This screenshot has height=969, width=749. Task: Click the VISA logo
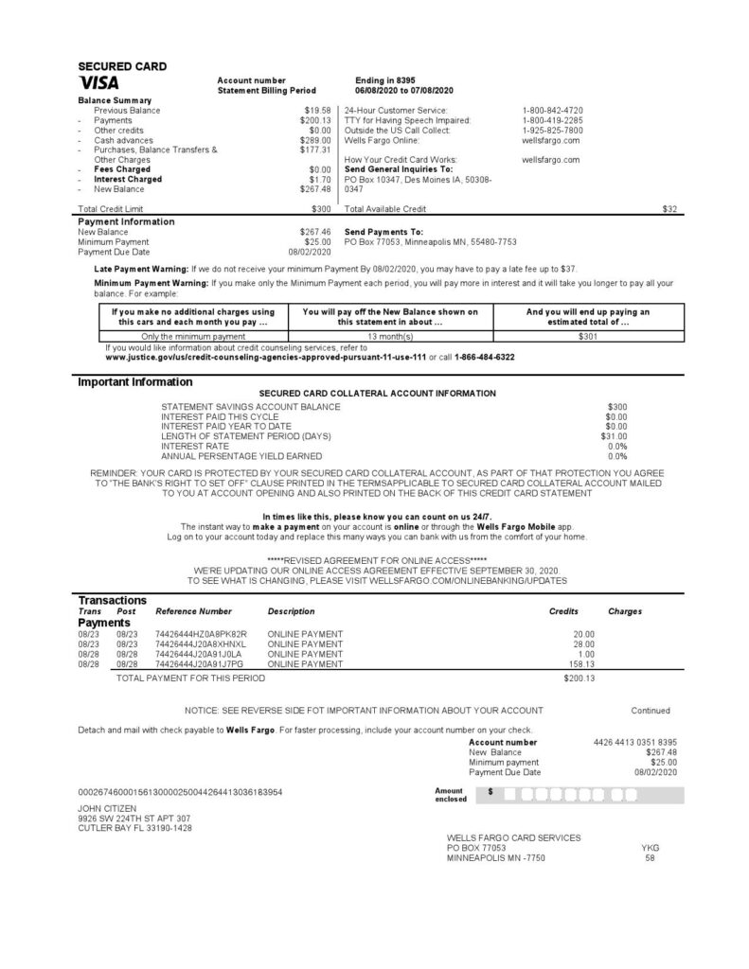(98, 83)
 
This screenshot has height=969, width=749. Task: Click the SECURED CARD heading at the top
(122, 66)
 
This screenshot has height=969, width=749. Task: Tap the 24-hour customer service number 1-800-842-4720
(552, 111)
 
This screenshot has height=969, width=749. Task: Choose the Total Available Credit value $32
(669, 207)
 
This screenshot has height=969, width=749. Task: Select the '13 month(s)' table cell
(390, 336)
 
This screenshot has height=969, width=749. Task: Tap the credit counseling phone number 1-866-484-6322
(485, 357)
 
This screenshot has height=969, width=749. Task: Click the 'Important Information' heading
(134, 382)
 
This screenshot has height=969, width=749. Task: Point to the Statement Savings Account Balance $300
(616, 406)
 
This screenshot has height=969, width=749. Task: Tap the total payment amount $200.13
(578, 678)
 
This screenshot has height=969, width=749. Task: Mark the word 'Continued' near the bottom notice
(651, 710)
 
